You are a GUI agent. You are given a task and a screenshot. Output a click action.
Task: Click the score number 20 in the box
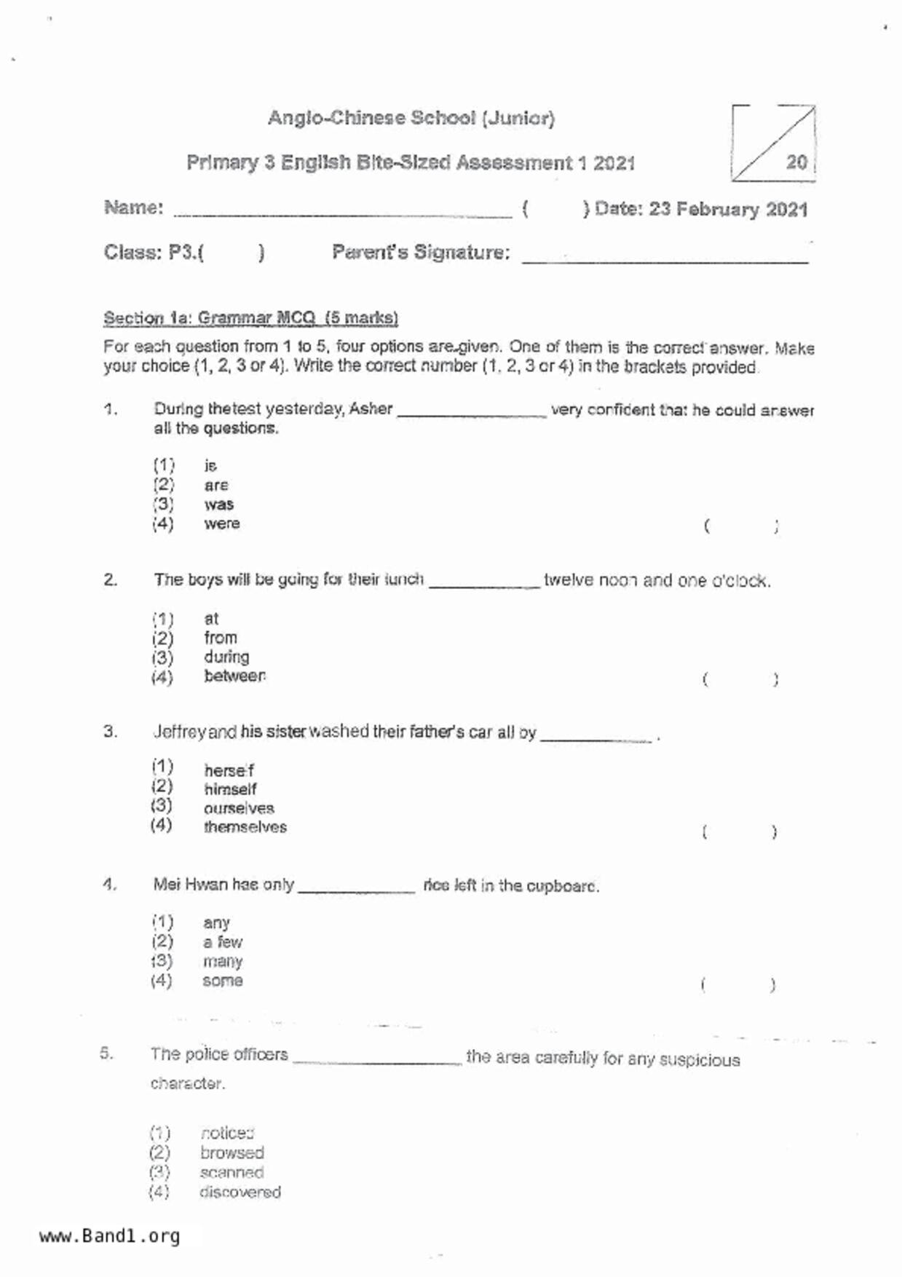point(796,162)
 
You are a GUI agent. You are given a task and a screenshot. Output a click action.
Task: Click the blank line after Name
point(342,213)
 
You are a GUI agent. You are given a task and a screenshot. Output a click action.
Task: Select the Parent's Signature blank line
point(665,257)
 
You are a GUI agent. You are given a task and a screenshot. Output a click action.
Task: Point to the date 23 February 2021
point(728,210)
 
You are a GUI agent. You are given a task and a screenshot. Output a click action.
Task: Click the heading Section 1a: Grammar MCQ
point(250,318)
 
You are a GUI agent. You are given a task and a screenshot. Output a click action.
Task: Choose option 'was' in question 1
point(218,505)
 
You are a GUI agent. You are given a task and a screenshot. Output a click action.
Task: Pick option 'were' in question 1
point(221,523)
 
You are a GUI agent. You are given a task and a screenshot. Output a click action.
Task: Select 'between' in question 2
point(234,676)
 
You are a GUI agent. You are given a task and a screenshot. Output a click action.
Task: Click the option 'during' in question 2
point(226,657)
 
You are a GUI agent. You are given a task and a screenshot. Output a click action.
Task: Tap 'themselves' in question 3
point(245,827)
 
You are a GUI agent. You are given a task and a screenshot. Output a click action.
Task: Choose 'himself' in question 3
point(230,789)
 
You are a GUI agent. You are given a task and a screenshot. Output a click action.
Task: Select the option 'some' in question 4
point(222,981)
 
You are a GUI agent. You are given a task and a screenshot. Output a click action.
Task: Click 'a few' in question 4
point(222,942)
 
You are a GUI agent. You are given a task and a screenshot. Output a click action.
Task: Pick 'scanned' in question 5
point(232,1172)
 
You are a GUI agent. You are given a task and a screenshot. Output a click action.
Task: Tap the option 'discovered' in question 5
point(240,1192)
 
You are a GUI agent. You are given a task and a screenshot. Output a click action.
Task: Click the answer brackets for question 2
point(740,680)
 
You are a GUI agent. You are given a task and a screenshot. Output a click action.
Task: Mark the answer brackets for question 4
point(738,985)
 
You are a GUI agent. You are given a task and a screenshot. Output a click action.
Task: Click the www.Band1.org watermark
point(109,1236)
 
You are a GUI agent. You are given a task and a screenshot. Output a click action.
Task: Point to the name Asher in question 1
point(371,409)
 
